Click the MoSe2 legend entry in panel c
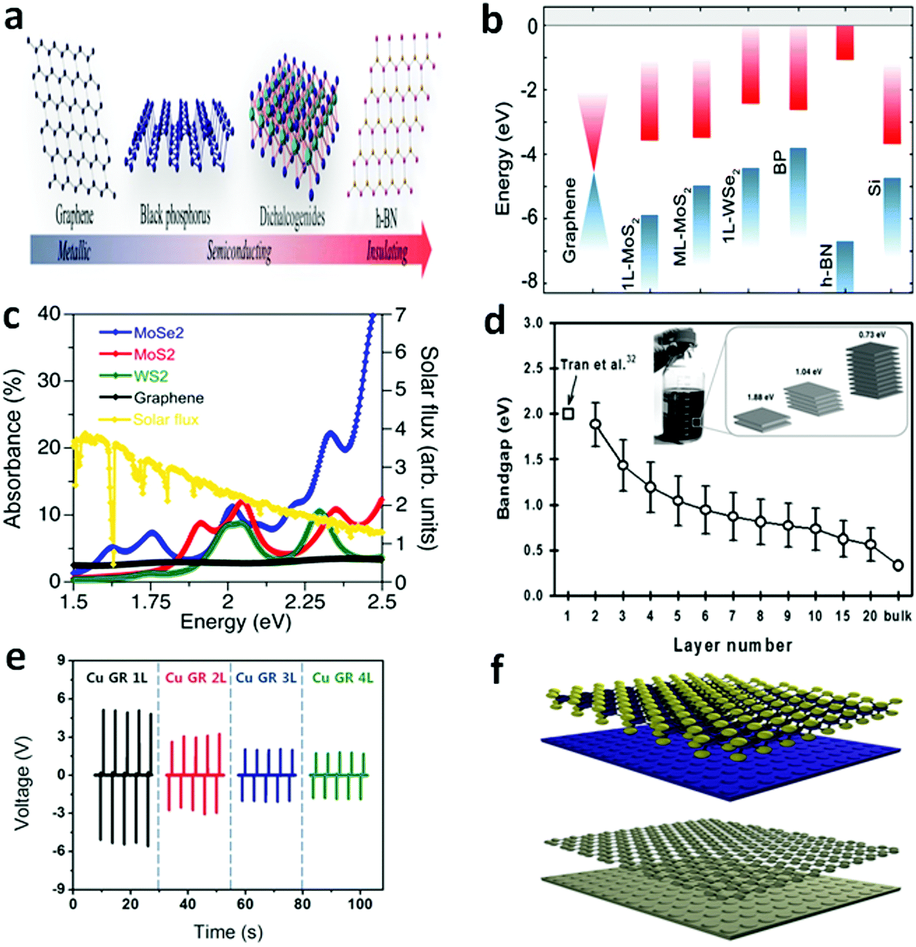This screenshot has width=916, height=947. [158, 333]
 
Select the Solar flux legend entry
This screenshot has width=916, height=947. [165, 420]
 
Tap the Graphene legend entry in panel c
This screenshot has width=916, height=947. [169, 398]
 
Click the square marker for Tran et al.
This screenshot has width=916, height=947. [568, 414]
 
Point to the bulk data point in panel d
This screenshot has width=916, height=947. [898, 565]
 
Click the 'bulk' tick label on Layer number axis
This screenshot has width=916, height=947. [897, 616]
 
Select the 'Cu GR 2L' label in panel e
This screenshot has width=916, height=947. [195, 678]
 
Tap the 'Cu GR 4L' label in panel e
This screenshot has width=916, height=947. [342, 678]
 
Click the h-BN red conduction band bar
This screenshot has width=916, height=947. [845, 42]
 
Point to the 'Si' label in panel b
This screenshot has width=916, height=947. [874, 187]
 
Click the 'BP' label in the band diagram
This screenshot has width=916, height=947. [780, 163]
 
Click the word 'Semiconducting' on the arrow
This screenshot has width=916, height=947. [239, 250]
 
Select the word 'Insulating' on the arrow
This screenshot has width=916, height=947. [387, 250]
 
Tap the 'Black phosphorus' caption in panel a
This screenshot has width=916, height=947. [175, 215]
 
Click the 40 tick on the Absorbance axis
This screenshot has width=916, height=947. [49, 314]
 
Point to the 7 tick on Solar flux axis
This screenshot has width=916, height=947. [400, 315]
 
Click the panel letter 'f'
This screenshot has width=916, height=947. [498, 671]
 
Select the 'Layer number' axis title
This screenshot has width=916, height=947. [732, 645]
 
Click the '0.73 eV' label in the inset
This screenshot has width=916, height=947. [871, 335]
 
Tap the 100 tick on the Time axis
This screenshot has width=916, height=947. [360, 904]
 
